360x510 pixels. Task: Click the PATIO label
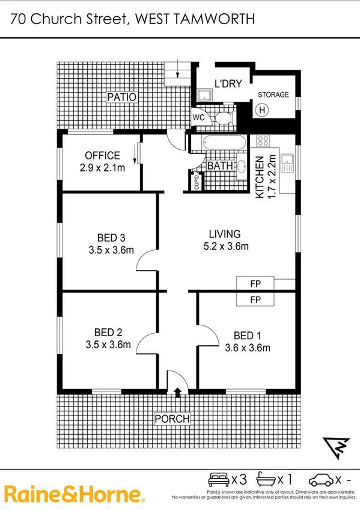point(122,97)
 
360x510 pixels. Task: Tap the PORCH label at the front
point(172,419)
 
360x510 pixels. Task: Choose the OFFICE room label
point(102,156)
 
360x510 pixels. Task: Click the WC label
point(199,118)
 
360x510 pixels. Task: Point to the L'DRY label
point(228,85)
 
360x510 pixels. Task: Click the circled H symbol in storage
point(261,110)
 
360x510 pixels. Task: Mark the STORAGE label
point(273,95)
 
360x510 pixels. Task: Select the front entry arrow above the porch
point(177,393)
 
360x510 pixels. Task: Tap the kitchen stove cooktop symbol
point(263,141)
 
